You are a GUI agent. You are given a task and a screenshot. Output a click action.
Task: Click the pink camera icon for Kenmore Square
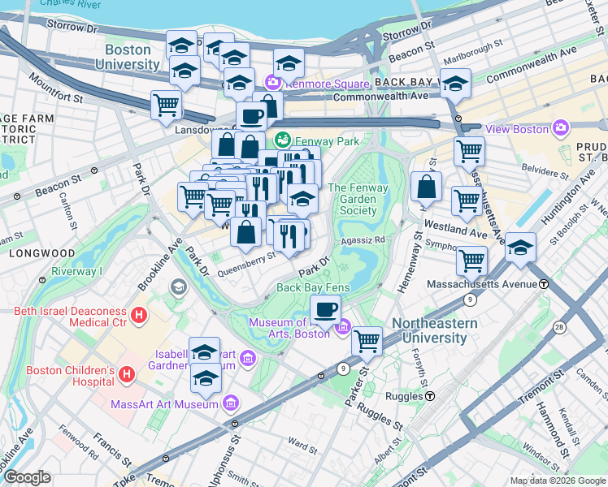(271, 82)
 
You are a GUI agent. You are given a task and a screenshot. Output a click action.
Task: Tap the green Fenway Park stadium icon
(283, 141)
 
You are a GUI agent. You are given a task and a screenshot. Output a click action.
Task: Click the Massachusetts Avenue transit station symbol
(543, 284)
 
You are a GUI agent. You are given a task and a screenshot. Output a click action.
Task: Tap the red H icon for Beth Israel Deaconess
(139, 314)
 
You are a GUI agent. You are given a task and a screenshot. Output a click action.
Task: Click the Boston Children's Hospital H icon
(126, 375)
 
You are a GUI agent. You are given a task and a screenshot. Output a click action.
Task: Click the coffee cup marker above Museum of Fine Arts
(327, 310)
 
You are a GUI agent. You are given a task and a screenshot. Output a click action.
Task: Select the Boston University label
(128, 57)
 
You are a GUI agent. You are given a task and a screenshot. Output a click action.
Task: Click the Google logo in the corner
(27, 477)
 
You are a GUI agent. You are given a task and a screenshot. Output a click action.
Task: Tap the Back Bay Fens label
(313, 287)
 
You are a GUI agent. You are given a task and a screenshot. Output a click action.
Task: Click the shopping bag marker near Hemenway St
(426, 187)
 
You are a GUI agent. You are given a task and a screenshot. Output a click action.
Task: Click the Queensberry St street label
(245, 259)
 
